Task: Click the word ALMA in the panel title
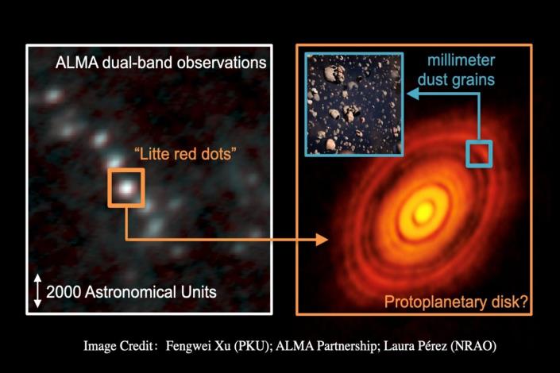point(77,63)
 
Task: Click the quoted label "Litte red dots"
point(185,154)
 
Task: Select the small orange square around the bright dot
point(126,188)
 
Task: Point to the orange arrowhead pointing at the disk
point(322,240)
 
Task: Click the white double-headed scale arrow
point(37,291)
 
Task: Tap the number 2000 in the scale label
point(64,292)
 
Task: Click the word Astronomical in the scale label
point(131,292)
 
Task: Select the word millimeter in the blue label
point(461,60)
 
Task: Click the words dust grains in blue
point(456,79)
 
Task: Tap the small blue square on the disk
point(479,154)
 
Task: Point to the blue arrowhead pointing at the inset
point(413,94)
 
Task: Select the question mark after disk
point(523,302)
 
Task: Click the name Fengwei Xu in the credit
point(198,346)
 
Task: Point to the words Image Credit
point(118,346)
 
